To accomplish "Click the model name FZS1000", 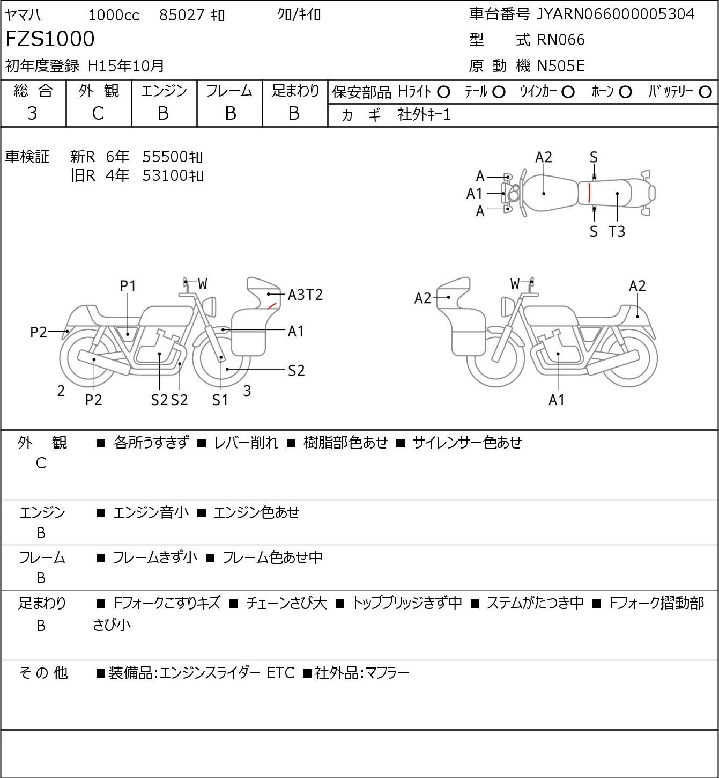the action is pyautogui.click(x=50, y=39).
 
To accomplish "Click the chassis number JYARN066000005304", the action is pyautogui.click(x=615, y=14).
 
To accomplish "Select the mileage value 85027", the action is pyautogui.click(x=182, y=15).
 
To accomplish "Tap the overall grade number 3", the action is pyautogui.click(x=32, y=114).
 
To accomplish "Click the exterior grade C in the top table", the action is pyautogui.click(x=98, y=114).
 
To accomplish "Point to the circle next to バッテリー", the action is pyautogui.click(x=705, y=92).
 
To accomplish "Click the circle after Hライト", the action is pyautogui.click(x=443, y=92).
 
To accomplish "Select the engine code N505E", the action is pyautogui.click(x=561, y=66).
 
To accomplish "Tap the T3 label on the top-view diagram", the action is pyautogui.click(x=617, y=231).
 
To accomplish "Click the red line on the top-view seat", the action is pyautogui.click(x=589, y=193).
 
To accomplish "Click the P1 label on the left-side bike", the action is pyautogui.click(x=128, y=287).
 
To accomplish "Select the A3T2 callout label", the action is pyautogui.click(x=305, y=295).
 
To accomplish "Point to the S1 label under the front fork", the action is pyautogui.click(x=220, y=400).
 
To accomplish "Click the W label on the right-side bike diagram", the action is pyautogui.click(x=515, y=283).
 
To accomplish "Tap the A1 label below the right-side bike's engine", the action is pyautogui.click(x=557, y=400).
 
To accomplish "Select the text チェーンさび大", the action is pyautogui.click(x=286, y=603).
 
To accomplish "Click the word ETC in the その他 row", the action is pyautogui.click(x=280, y=673).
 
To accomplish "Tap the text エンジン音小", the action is pyautogui.click(x=151, y=512).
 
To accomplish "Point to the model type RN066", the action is pyautogui.click(x=561, y=40).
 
